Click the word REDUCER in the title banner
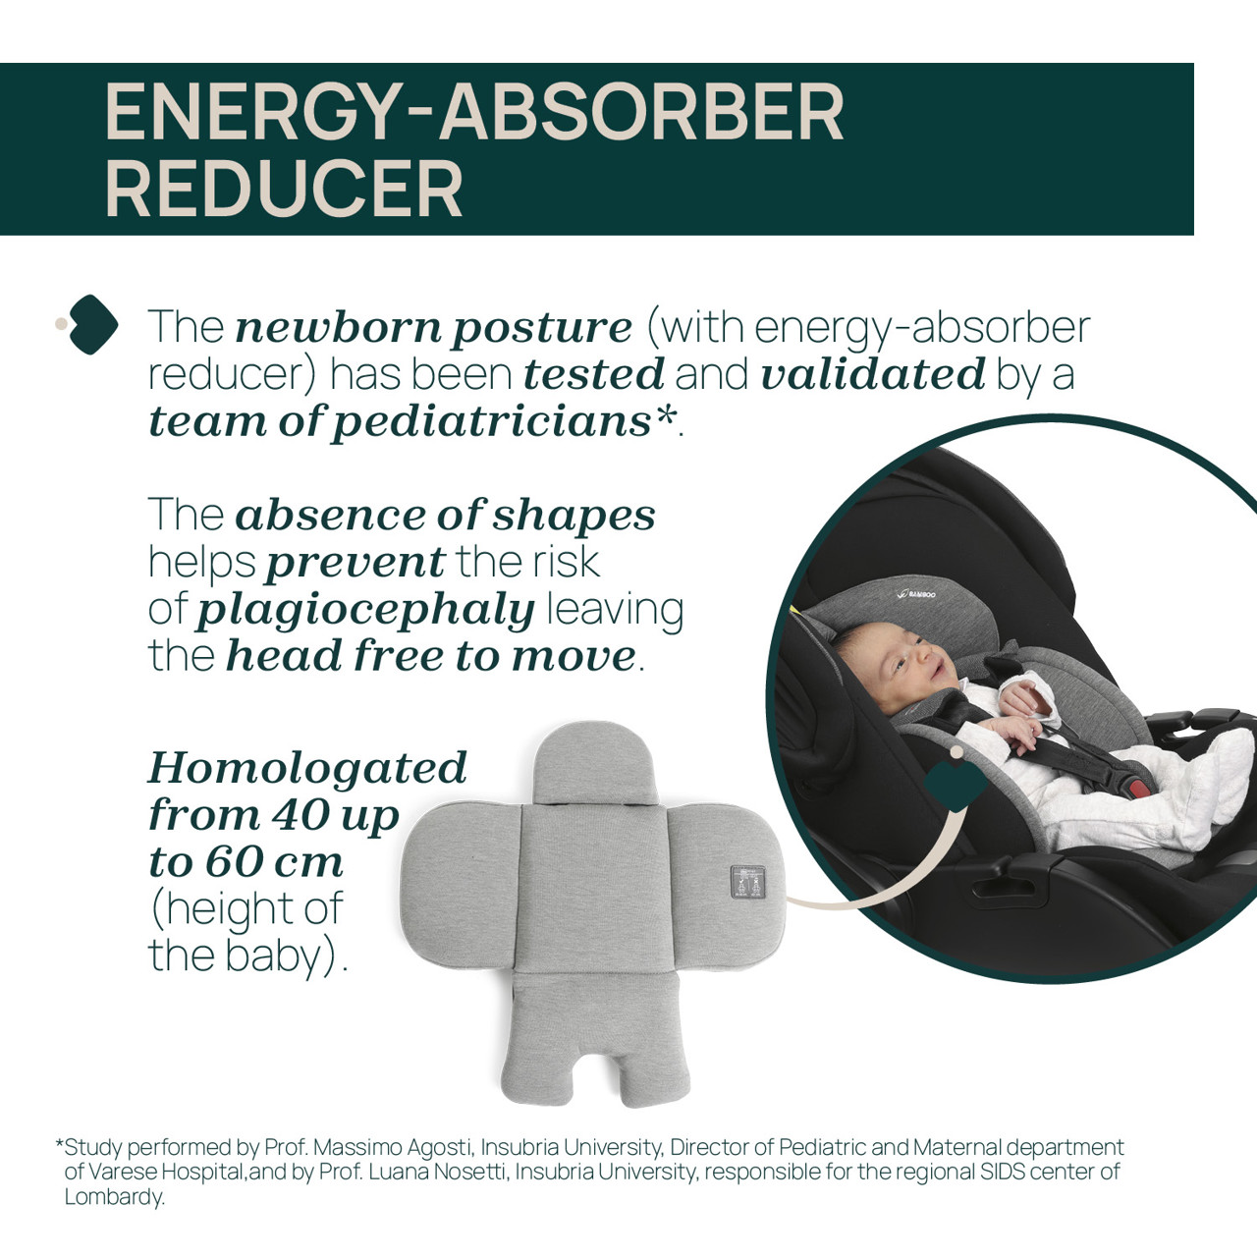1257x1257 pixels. (x=284, y=190)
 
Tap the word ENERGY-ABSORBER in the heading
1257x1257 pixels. (x=474, y=112)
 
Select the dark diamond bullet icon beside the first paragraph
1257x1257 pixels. (x=92, y=324)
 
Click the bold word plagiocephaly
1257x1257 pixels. (x=366, y=611)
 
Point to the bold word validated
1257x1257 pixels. (x=873, y=374)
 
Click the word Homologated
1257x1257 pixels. (x=308, y=768)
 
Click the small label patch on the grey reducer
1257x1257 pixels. (x=747, y=882)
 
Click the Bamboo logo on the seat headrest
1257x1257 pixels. (x=916, y=594)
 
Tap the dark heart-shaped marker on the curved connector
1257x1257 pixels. (x=956, y=785)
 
